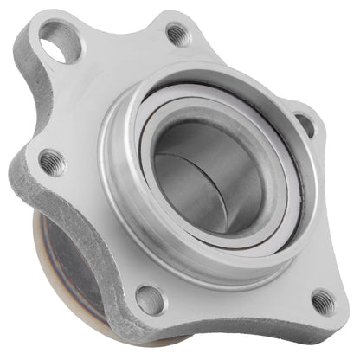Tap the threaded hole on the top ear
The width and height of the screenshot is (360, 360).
tap(177, 35)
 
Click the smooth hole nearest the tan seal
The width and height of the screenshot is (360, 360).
tap(148, 299)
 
